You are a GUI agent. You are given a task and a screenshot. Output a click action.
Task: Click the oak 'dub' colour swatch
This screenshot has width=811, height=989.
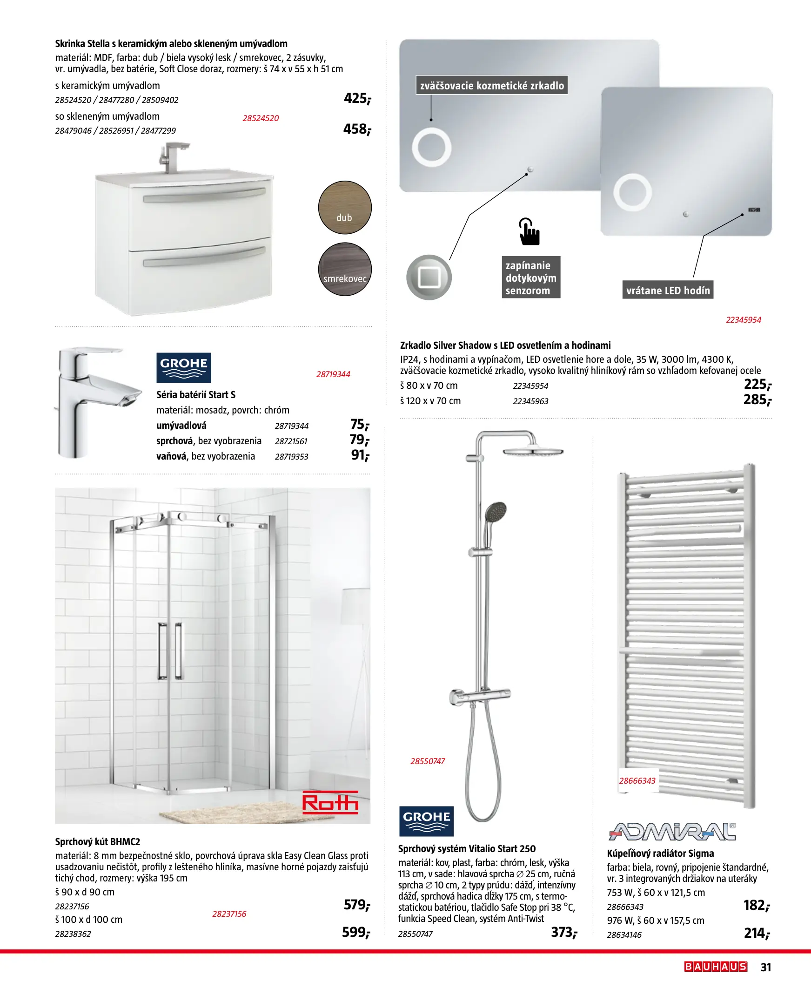click(x=345, y=208)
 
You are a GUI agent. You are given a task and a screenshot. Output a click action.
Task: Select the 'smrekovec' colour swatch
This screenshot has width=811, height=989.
click(x=345, y=269)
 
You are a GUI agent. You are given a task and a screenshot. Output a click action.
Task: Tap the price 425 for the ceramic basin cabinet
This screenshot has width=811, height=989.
click(x=357, y=98)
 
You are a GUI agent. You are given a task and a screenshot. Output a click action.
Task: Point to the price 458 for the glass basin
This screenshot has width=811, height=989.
click(x=357, y=129)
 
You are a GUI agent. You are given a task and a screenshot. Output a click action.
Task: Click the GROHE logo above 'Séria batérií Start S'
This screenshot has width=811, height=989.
click(x=184, y=367)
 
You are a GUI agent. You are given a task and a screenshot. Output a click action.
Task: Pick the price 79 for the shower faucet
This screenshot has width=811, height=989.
click(x=359, y=440)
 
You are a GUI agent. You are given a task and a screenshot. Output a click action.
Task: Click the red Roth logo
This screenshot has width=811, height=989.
click(x=330, y=802)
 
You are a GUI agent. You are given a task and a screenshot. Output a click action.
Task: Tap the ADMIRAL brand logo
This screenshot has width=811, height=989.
click(x=672, y=832)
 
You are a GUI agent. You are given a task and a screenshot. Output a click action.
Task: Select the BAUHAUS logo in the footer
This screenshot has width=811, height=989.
click(x=716, y=967)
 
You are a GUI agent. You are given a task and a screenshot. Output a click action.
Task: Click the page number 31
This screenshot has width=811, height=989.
click(x=766, y=967)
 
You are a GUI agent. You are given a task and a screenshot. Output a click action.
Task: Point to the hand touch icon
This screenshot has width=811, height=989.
click(x=529, y=231)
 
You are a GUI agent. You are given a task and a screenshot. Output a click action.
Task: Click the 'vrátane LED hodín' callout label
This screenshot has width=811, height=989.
click(x=668, y=290)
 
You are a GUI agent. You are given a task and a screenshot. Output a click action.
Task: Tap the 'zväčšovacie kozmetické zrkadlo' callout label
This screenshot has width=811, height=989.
click(x=492, y=86)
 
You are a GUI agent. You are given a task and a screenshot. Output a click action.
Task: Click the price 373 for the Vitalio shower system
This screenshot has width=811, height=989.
click(x=564, y=933)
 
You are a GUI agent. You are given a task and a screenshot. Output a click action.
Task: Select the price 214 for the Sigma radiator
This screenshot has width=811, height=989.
click(x=757, y=934)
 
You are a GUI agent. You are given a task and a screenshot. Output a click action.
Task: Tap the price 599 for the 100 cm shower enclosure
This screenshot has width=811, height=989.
click(x=355, y=933)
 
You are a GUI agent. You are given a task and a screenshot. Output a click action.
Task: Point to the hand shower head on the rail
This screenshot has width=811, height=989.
click(x=495, y=512)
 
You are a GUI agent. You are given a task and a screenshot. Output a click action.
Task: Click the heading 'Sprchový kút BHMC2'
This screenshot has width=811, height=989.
click(x=98, y=842)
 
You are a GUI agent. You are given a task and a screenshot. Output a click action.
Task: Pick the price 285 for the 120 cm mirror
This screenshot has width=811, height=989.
click(x=757, y=400)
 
